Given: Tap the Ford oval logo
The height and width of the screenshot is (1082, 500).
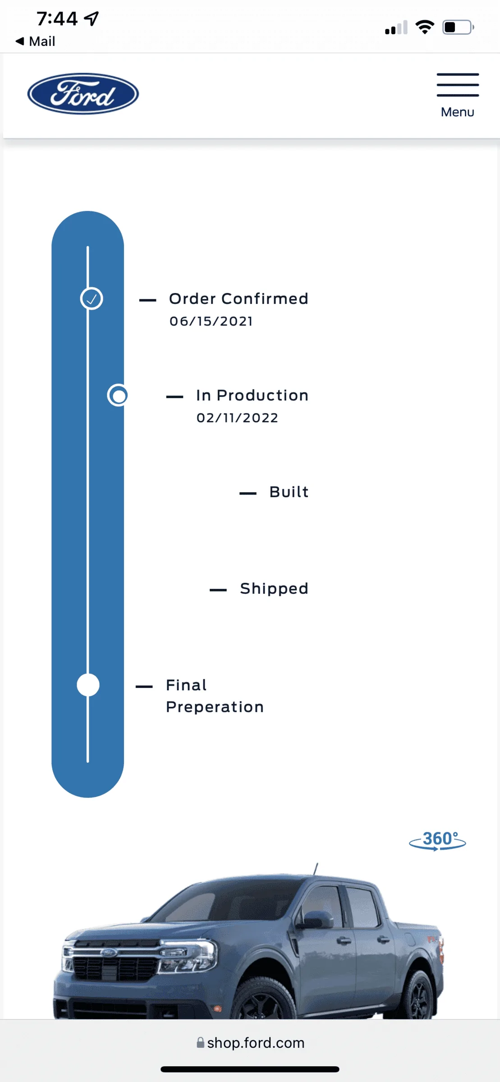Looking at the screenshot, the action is coord(83,94).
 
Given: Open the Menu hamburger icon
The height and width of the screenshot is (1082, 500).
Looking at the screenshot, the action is coord(458,85).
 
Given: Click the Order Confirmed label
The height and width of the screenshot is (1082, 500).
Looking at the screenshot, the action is coord(239,298).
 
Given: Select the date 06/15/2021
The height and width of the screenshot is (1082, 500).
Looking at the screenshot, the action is coord(211,321).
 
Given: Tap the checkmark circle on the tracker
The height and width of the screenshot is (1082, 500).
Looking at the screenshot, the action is coord(92,298).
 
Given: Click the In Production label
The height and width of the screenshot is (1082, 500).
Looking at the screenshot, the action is coord(252,395).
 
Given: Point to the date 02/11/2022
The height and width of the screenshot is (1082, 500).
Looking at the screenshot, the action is coord(237,418).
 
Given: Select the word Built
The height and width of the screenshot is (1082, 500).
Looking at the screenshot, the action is coord(289,492).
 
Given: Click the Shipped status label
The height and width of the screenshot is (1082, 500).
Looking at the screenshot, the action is coord(274,589).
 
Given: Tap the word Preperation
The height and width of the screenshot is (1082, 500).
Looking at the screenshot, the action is coord(215,707).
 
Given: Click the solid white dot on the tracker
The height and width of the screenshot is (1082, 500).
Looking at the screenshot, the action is coord(88,685).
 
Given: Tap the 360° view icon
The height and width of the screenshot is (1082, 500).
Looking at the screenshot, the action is coord(437,841).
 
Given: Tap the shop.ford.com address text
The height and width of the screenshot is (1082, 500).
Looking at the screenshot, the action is coord(256,1043).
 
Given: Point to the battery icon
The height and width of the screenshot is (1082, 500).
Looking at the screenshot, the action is coord(458,27).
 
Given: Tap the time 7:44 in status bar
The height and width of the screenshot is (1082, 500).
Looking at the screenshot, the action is coord(57,18).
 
